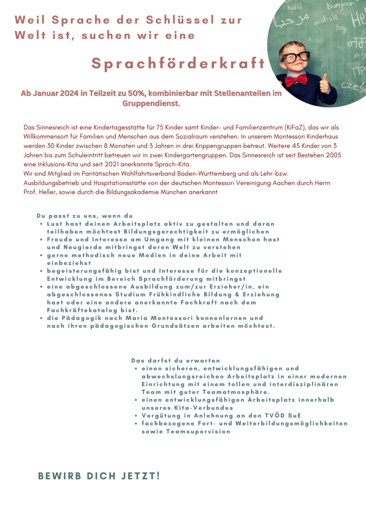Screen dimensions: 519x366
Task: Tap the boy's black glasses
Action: (x=296, y=57)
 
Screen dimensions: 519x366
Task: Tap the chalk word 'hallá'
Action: (x=294, y=7)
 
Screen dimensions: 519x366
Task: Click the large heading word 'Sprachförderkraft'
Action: (x=178, y=64)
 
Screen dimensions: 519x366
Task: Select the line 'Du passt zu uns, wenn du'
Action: (x=84, y=216)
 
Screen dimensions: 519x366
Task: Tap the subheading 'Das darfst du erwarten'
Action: (x=176, y=360)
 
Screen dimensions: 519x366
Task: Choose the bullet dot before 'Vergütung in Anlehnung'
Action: (x=137, y=415)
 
